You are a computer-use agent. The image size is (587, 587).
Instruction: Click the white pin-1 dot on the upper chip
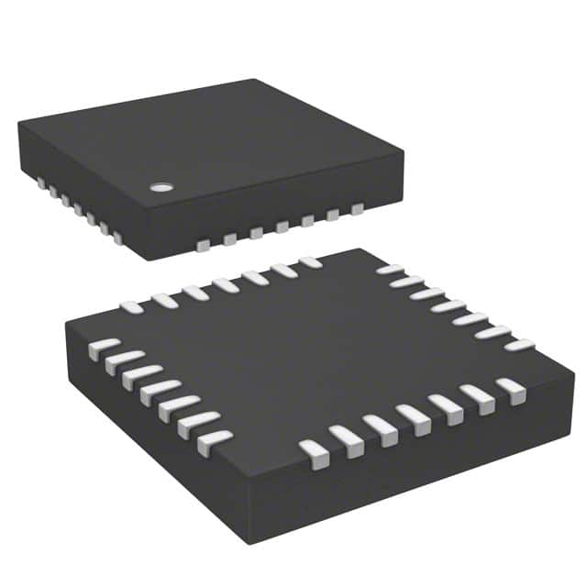pyautogui.click(x=161, y=187)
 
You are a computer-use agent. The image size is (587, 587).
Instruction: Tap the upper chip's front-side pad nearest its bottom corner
pyautogui.click(x=204, y=244)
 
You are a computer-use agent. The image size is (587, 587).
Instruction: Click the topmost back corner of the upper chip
pyautogui.click(x=254, y=81)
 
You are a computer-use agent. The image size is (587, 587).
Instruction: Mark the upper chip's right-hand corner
pyautogui.click(x=404, y=152)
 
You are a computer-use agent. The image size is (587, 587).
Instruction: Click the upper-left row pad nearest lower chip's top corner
pyautogui.click(x=310, y=262)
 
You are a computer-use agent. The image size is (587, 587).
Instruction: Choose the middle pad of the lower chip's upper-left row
pyautogui.click(x=226, y=284)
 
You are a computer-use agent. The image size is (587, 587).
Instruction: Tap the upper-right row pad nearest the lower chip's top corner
pyautogui.click(x=390, y=270)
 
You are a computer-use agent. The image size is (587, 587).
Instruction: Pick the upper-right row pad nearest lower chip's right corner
pyautogui.click(x=519, y=345)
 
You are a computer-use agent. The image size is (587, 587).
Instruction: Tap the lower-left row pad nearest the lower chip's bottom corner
pyautogui.click(x=214, y=441)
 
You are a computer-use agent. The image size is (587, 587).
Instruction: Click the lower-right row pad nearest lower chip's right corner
pyautogui.click(x=511, y=388)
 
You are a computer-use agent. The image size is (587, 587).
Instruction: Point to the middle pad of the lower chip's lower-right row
pyautogui.click(x=414, y=418)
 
